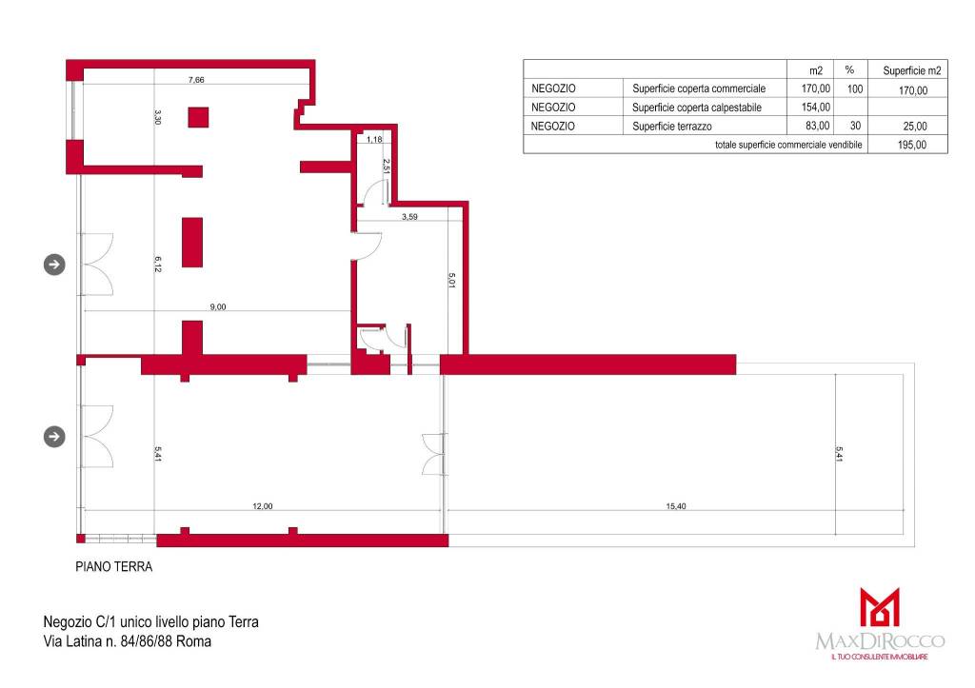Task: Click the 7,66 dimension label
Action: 196,80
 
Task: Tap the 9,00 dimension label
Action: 218,307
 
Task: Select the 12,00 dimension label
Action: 263,506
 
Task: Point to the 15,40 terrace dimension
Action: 676,506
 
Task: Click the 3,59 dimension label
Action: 409,217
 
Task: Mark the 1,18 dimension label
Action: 374,140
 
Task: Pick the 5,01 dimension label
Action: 452,281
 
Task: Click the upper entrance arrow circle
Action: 54,265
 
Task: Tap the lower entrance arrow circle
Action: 54,436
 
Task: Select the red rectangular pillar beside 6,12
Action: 192,243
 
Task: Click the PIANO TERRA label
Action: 114,567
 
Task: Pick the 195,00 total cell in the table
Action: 912,145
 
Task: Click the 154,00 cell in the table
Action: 816,108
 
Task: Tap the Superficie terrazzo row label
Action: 672,127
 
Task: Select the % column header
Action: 849,70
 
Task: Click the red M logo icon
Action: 879,606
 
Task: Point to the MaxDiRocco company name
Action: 880,640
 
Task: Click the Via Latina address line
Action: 128,641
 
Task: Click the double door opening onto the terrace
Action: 434,454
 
